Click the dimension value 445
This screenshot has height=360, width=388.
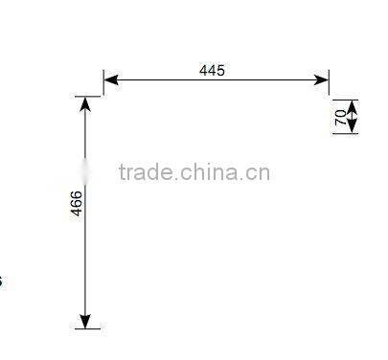click(x=213, y=70)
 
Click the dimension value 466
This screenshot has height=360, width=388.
click(x=77, y=203)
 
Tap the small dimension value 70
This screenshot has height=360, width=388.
click(x=340, y=116)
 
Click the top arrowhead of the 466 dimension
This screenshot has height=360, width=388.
click(x=85, y=104)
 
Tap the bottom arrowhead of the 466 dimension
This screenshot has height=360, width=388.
click(x=85, y=322)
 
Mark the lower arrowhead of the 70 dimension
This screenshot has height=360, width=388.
click(x=351, y=125)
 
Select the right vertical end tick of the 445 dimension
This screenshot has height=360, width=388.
click(x=329, y=80)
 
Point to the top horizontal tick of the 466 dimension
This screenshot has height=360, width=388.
click(x=85, y=97)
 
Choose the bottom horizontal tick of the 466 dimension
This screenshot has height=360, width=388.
click(x=85, y=329)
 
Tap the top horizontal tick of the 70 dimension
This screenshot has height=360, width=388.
click(x=346, y=100)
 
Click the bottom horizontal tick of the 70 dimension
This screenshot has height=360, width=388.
click(x=346, y=133)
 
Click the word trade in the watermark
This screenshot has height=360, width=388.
click(x=145, y=172)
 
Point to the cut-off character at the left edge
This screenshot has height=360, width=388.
click(x=1, y=281)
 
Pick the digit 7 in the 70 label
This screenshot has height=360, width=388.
click(x=340, y=121)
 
